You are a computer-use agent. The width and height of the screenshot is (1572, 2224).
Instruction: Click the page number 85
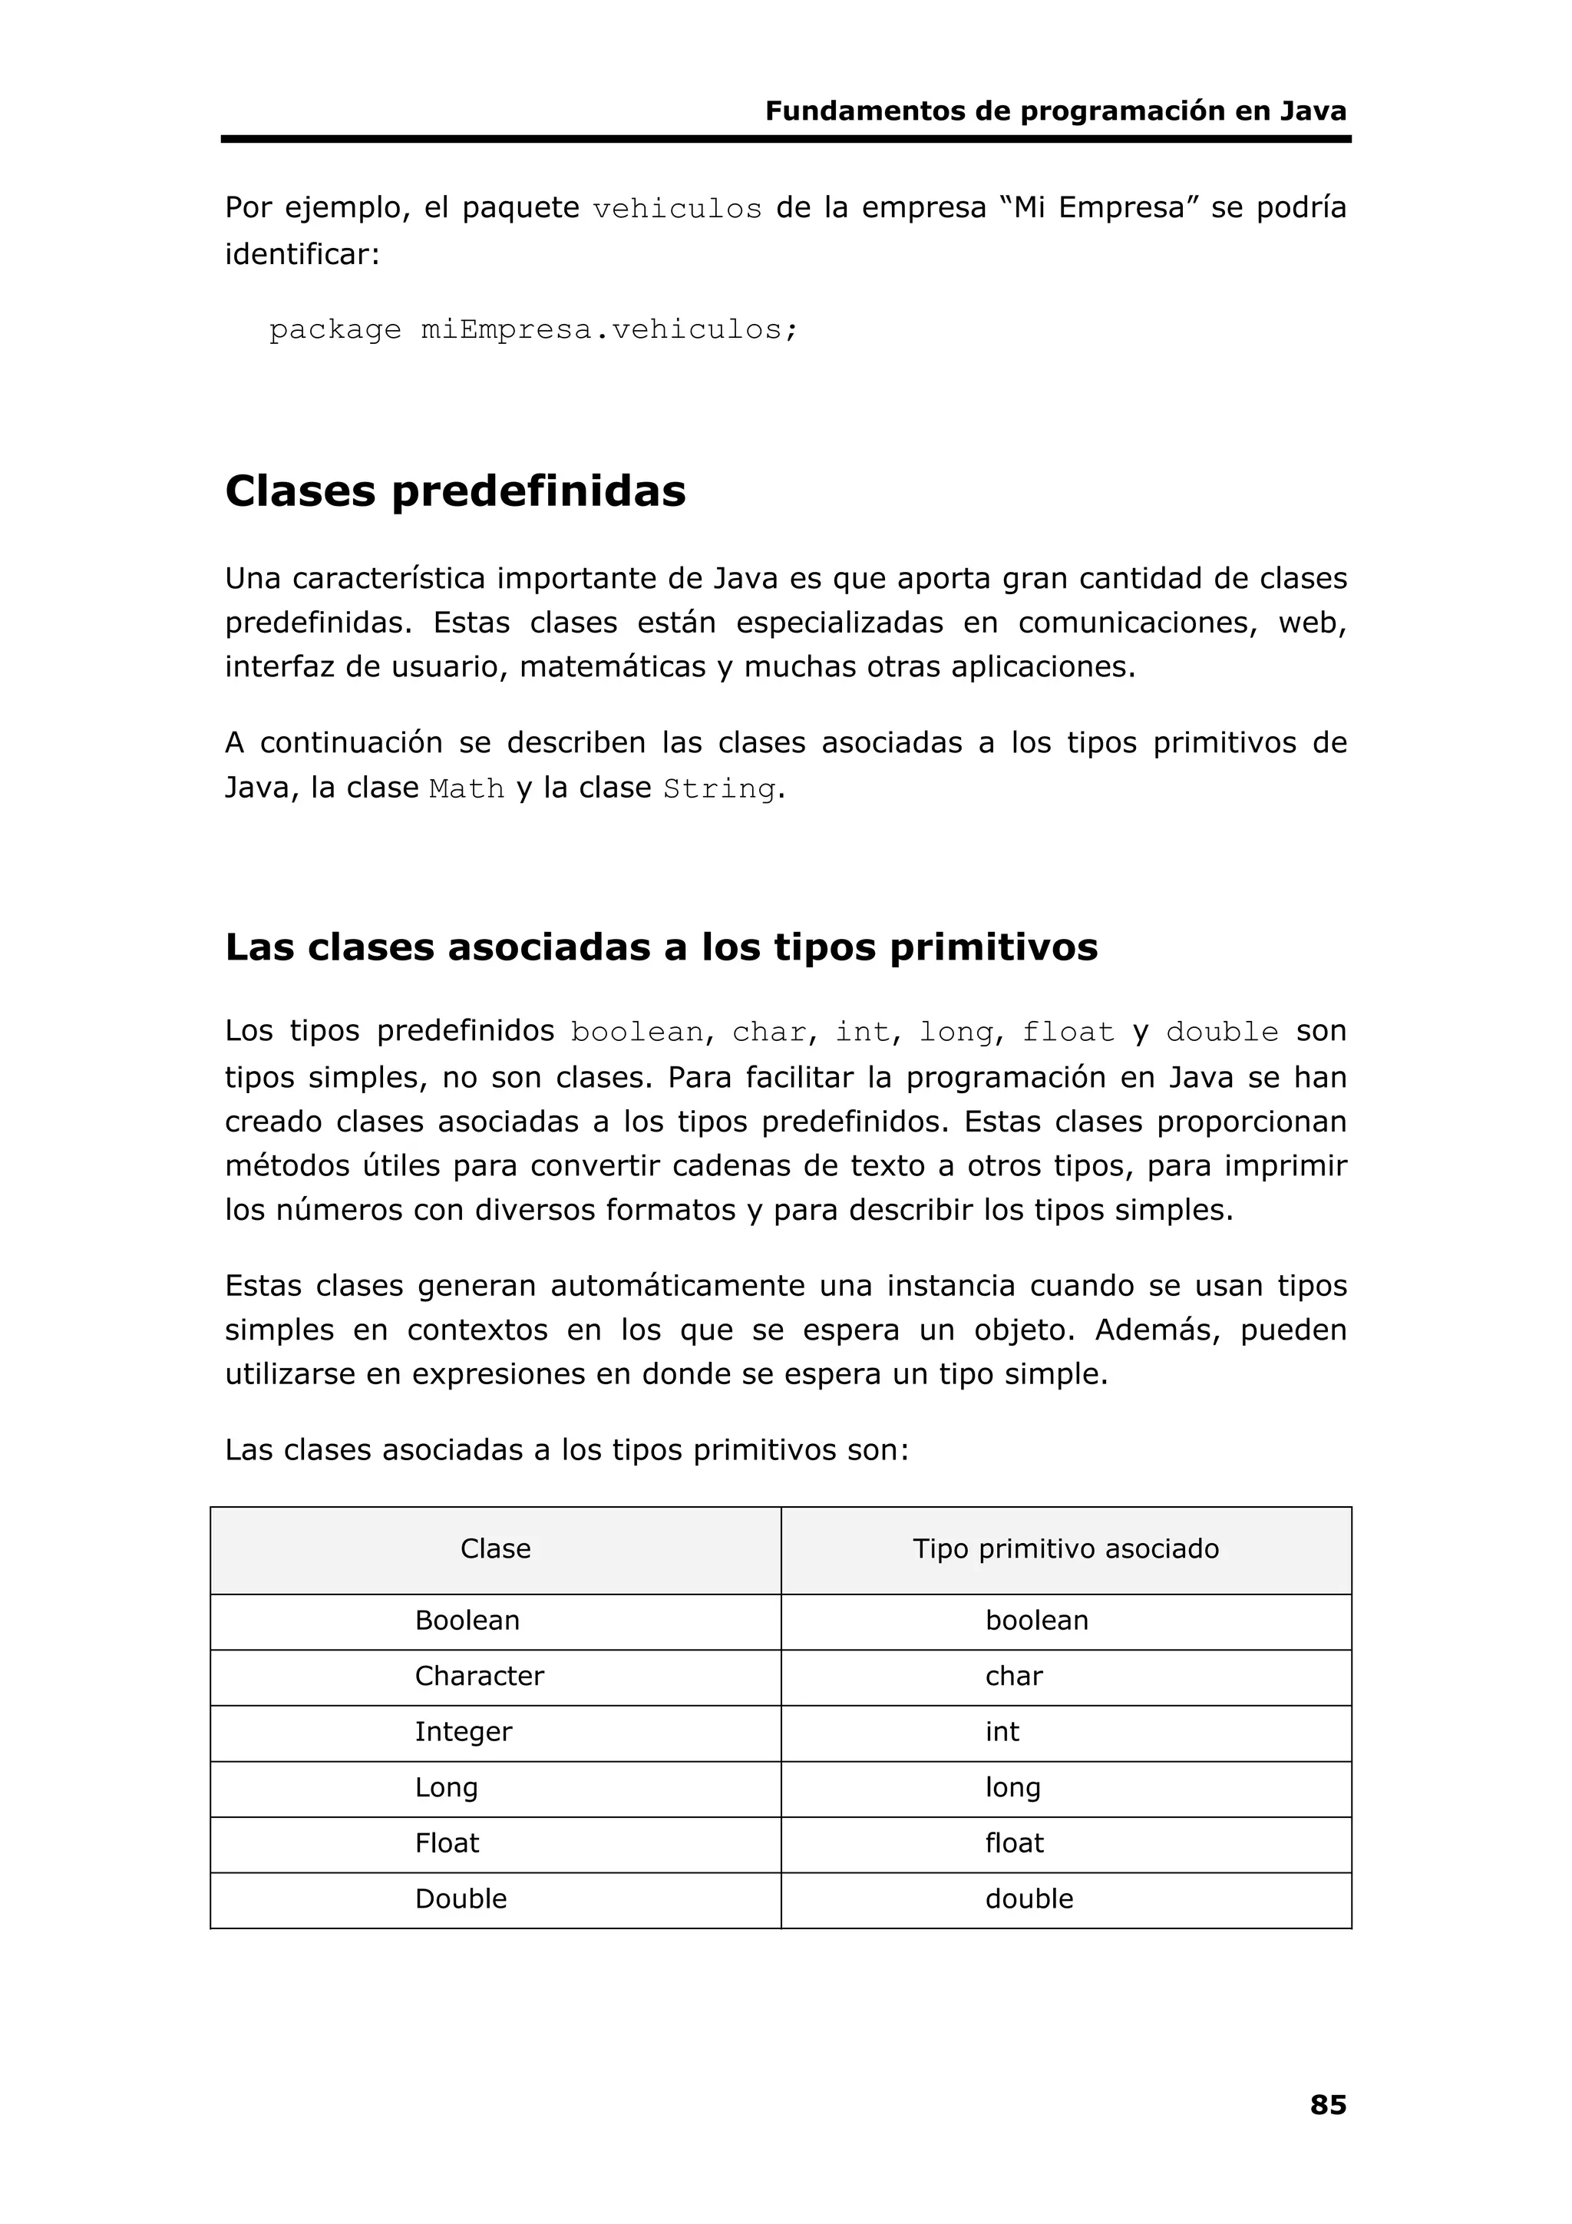[1327, 2104]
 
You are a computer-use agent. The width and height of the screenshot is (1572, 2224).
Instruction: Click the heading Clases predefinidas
[455, 491]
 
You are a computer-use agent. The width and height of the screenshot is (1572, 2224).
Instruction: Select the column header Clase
[495, 1548]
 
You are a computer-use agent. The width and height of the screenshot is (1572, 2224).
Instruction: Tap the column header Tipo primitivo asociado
[1065, 1548]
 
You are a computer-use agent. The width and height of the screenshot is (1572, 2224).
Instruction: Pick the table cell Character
[480, 1676]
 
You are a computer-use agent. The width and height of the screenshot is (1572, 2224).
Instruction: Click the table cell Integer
[463, 1732]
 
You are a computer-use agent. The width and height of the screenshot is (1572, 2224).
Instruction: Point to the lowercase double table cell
[1029, 1898]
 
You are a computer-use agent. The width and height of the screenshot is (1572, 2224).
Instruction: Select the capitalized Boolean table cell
[467, 1621]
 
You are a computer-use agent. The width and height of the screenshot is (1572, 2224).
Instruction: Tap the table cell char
[1013, 1676]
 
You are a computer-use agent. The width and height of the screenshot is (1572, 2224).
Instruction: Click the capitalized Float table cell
[447, 1842]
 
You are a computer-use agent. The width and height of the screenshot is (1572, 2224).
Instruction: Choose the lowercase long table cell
[1012, 1787]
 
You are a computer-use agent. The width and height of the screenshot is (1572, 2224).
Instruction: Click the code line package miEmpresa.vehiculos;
[533, 330]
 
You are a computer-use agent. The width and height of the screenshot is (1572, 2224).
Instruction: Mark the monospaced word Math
[467, 789]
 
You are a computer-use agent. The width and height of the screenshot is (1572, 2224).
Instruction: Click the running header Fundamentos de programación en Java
[1055, 111]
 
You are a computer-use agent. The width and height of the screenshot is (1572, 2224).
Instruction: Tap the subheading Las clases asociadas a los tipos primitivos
[662, 947]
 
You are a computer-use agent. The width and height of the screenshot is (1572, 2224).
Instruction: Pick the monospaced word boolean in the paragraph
[636, 1033]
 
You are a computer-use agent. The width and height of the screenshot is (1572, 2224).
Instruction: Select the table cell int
[1002, 1732]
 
